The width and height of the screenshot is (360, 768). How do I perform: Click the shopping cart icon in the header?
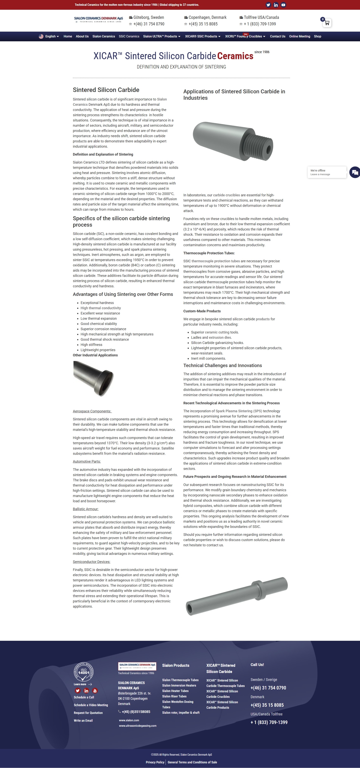(x=327, y=23)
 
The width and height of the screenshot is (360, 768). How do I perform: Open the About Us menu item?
(x=82, y=36)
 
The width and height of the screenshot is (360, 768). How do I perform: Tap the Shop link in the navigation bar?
(x=317, y=36)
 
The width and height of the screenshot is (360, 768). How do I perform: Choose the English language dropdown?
(x=49, y=36)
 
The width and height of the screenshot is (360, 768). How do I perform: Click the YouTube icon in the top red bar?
(x=283, y=5)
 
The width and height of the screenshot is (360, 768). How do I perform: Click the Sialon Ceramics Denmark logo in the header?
(x=98, y=20)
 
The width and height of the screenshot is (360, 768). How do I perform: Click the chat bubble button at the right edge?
(x=355, y=172)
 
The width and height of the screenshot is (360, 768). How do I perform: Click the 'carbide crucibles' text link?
(x=226, y=195)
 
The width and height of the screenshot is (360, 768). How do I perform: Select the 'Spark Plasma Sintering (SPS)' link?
(x=239, y=411)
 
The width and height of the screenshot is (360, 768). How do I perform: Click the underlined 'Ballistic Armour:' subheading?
(x=85, y=509)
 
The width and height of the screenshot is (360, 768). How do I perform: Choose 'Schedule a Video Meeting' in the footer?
(x=91, y=705)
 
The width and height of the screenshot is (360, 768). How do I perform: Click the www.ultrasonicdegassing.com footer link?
(x=137, y=726)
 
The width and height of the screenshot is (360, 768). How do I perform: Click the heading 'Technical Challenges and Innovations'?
(x=222, y=366)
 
